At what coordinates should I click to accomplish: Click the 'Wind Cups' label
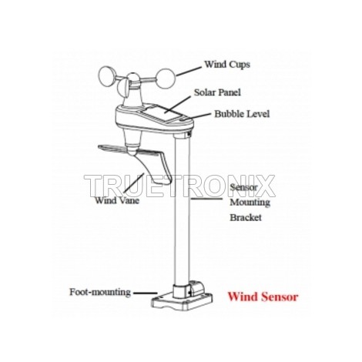227,64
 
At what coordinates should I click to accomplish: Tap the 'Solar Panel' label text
217,92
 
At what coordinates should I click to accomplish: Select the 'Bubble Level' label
242,114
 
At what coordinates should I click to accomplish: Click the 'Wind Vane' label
117,200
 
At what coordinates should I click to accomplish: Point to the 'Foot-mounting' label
100,292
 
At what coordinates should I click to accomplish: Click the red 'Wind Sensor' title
263,297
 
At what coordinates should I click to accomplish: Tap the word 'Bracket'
246,218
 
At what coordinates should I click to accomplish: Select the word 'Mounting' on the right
250,203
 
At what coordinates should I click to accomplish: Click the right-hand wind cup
166,79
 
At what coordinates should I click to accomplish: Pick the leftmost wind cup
107,76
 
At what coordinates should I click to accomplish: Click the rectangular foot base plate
183,302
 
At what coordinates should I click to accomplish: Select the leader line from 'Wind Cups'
189,72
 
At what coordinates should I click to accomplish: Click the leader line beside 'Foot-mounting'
146,293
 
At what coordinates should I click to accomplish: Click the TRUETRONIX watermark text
179,186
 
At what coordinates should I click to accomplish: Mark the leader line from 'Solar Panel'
178,105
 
